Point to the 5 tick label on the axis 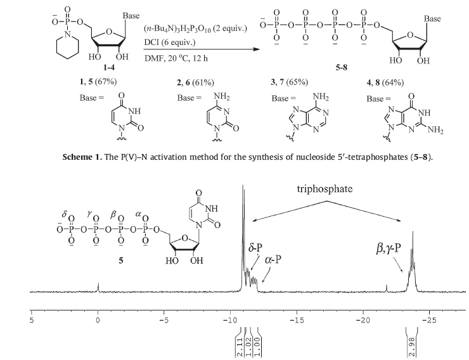click(x=32, y=320)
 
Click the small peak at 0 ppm click(x=98, y=288)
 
